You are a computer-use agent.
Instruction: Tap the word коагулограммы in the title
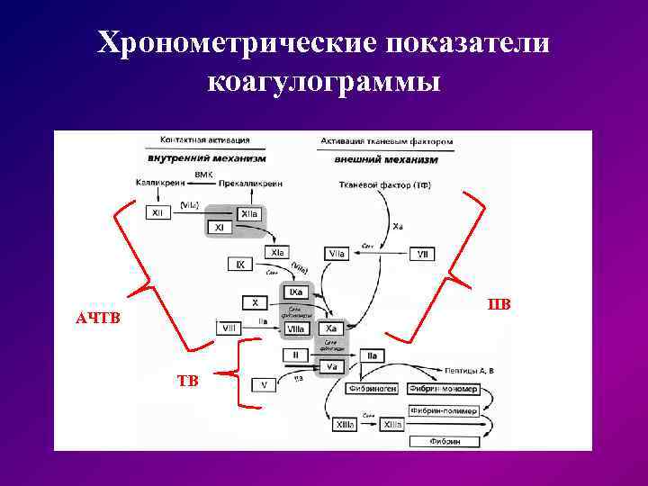pos(323,84)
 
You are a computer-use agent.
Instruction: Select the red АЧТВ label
pos(97,319)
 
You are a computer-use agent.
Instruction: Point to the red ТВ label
pos(187,380)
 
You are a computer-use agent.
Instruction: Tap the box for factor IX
pos(240,265)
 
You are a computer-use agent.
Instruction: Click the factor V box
pos(264,384)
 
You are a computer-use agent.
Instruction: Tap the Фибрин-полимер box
pos(442,410)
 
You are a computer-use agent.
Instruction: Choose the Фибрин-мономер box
pos(442,390)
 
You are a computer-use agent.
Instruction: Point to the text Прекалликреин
pos(250,184)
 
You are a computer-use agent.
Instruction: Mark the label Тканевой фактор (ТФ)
pos(379,185)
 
